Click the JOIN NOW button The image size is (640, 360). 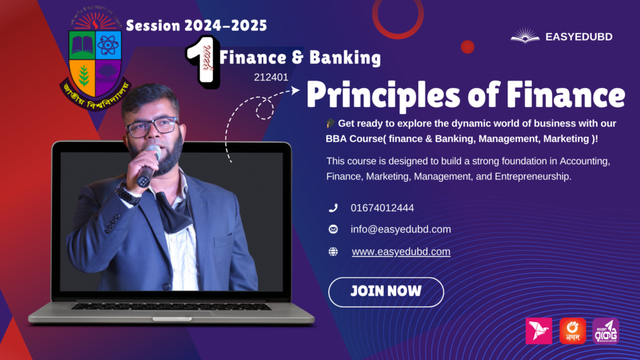386,292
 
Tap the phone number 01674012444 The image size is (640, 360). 382,208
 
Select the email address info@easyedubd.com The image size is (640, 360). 401,229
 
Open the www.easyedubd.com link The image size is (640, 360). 401,252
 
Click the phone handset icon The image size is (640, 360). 333,208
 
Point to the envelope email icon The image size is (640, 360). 333,229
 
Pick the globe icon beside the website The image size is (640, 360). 333,252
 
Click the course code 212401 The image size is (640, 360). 271,77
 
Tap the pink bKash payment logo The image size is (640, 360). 539,331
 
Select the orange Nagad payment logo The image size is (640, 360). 572,331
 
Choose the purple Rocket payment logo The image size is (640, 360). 606,331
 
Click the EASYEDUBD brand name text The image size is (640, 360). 579,37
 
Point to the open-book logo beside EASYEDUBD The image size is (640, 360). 525,36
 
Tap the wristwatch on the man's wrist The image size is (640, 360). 127,194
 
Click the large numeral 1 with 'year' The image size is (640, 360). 203,62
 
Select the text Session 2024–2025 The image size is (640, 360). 196,25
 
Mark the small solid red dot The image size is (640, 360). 467,47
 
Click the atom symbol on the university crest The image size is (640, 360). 108,45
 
